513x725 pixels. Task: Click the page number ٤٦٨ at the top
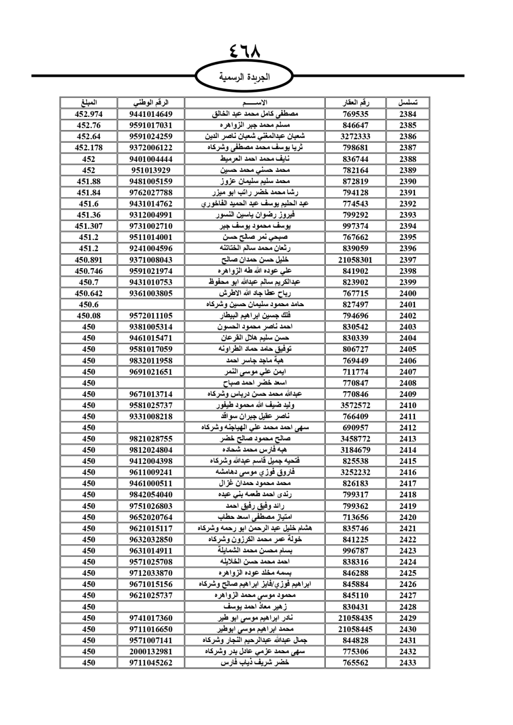point(245,51)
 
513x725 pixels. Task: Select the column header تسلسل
point(408,103)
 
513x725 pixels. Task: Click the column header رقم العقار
point(356,103)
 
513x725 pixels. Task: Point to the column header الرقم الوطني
point(151,103)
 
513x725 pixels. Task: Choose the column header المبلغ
point(89,103)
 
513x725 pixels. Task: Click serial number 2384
point(408,114)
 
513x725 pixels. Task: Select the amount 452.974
point(89,114)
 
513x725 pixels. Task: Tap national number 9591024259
point(151,136)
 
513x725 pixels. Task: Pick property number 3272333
point(356,136)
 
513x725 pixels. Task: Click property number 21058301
point(356,260)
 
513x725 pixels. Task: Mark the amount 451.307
point(89,226)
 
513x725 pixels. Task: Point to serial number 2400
point(408,293)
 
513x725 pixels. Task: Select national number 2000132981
point(151,652)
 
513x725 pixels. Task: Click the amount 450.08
point(89,316)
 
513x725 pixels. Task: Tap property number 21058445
point(356,629)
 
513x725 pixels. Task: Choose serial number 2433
point(408,663)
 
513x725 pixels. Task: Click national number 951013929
point(151,170)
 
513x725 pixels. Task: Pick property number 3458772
point(356,439)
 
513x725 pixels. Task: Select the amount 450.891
point(89,260)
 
